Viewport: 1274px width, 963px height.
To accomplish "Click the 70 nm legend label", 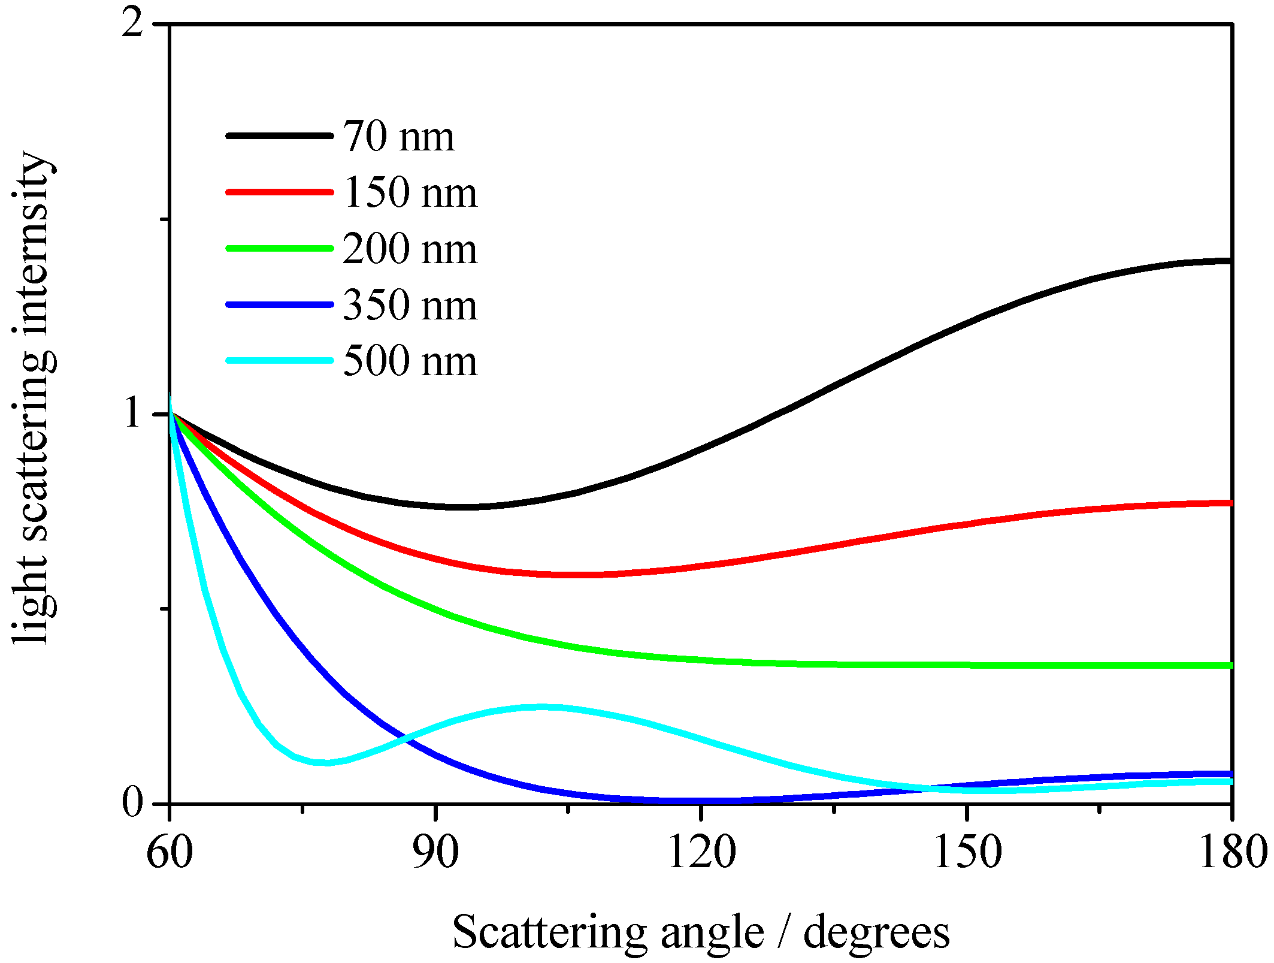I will click(x=398, y=137).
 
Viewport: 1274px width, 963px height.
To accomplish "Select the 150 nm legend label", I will click(x=410, y=193).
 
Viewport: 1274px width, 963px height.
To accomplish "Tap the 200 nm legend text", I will click(x=410, y=249).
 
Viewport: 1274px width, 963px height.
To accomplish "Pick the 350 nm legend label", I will click(x=410, y=305).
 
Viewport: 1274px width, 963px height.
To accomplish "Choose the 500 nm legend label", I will click(x=410, y=361).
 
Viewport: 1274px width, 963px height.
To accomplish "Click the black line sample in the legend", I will click(x=279, y=136).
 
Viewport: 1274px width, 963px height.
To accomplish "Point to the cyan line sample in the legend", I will click(x=279, y=361).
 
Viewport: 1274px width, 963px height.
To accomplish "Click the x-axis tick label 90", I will click(x=435, y=852).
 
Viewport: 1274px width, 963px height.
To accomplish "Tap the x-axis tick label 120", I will click(x=701, y=852).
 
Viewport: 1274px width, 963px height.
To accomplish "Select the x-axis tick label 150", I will click(x=967, y=852).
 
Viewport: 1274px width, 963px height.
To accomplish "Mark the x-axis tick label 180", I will click(x=1231, y=852).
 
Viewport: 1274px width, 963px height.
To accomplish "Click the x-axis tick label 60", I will click(x=170, y=852).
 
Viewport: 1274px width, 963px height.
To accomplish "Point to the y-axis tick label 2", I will click(x=132, y=25).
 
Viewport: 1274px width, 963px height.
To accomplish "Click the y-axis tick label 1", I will click(x=133, y=413).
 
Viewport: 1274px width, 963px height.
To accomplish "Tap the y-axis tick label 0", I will click(x=132, y=802).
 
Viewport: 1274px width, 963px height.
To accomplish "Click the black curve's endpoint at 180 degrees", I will click(x=1229, y=261).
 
